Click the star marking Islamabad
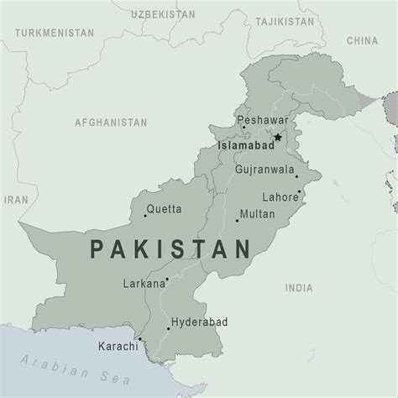pos(277,136)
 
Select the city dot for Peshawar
pos(244,128)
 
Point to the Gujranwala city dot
pos(296,176)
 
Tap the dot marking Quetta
pos(145,216)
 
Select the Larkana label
pos(144,284)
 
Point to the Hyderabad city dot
pos(168,328)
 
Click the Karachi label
pos(117,346)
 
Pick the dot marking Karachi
pos(140,340)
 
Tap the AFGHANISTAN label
pos(110,122)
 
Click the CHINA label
pos(363,39)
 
